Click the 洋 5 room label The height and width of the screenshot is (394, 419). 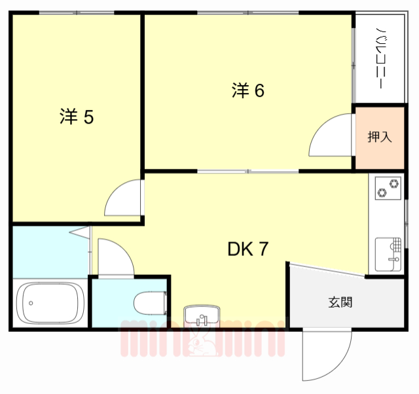[x=77, y=117]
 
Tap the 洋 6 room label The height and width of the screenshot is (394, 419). [x=247, y=91]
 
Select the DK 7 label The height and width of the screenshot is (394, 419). [x=247, y=249]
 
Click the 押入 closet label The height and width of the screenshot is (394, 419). [x=379, y=137]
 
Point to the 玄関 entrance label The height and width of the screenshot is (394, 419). [x=340, y=302]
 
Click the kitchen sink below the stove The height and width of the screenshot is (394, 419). [x=388, y=253]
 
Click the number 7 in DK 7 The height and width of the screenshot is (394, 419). [x=262, y=249]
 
